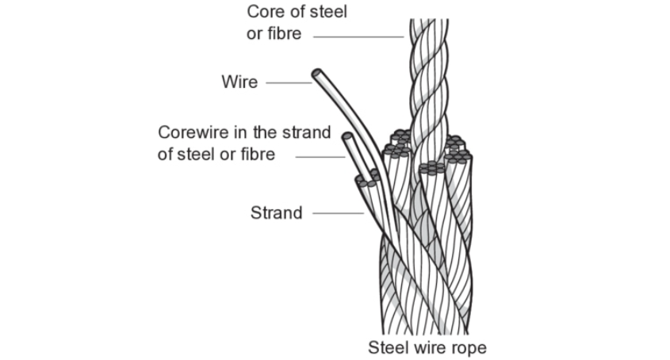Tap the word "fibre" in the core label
pos(283,35)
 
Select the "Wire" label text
pos(240,82)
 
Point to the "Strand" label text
pos(276,213)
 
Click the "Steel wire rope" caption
pos(427,347)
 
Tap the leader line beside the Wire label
pos(289,82)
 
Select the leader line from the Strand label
pos(338,213)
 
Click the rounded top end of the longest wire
pos(316,73)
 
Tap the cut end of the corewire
pos(347,138)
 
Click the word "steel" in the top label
pos(325,13)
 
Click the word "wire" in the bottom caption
pos(428,347)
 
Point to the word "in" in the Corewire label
pos(235,132)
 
